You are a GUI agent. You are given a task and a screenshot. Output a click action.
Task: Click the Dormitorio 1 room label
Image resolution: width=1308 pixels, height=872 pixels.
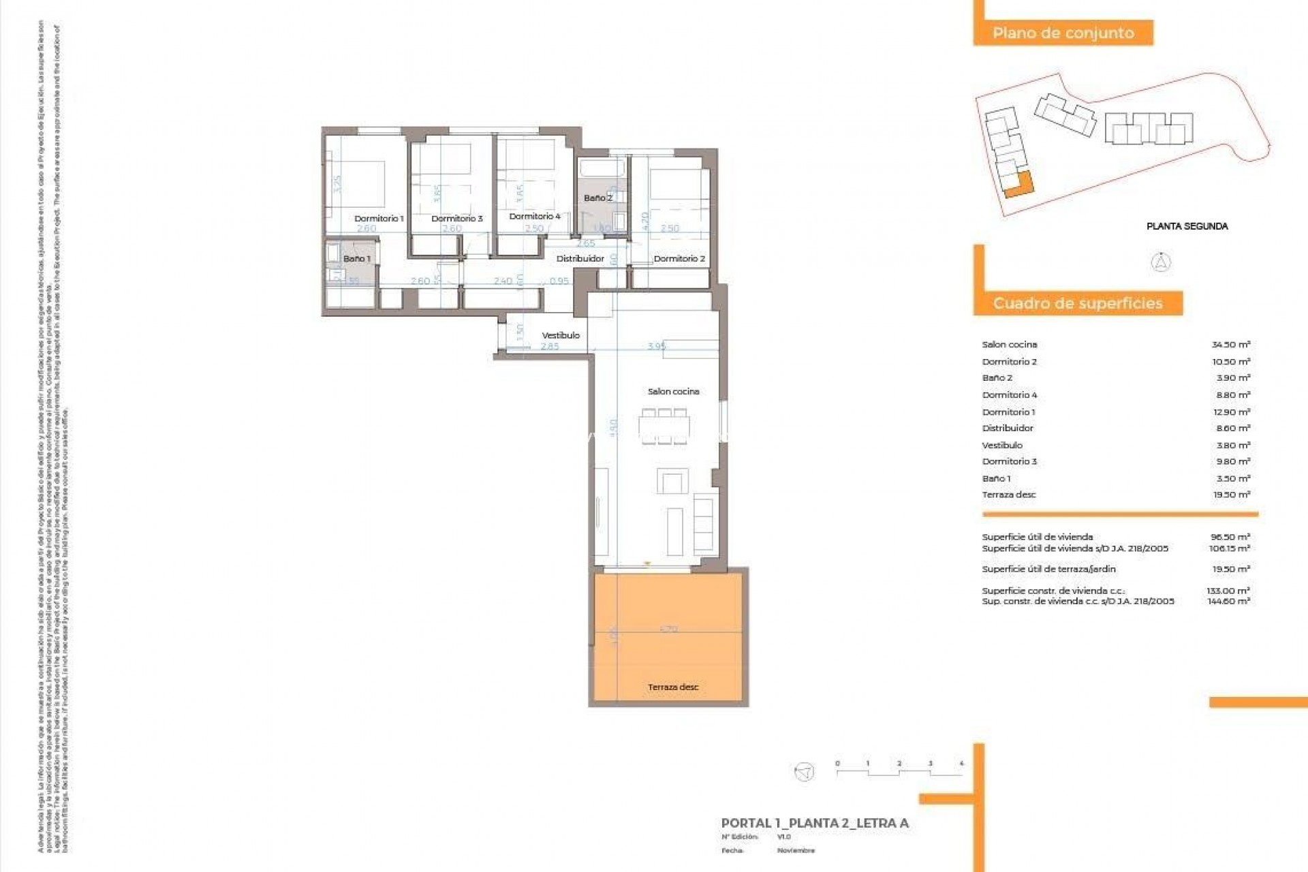379,219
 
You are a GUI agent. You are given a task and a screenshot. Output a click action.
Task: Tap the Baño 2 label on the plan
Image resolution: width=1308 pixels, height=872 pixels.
597,198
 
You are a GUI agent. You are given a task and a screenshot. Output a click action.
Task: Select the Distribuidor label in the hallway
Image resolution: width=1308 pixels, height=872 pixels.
580,259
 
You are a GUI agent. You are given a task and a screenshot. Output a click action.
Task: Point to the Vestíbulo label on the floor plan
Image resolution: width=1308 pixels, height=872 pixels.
561,335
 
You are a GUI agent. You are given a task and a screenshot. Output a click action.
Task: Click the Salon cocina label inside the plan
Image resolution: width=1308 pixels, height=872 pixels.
673,392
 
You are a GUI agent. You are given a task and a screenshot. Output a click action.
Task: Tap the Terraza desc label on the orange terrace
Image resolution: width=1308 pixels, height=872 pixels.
673,687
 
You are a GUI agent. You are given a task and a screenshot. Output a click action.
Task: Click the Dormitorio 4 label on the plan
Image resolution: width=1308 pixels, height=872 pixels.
535,217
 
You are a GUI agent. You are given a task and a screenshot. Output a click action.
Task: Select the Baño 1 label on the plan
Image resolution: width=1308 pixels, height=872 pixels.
357,259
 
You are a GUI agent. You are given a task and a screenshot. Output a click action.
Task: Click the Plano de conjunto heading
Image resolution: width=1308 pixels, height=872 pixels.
1063,33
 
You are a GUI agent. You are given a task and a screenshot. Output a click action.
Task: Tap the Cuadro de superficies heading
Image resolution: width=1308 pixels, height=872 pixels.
1077,303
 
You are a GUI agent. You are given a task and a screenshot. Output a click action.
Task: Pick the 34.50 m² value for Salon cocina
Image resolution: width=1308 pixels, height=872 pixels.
1230,345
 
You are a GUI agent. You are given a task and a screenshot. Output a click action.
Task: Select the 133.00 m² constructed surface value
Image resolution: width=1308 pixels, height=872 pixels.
1228,591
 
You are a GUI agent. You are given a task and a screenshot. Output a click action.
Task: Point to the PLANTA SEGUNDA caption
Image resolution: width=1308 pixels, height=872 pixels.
1187,226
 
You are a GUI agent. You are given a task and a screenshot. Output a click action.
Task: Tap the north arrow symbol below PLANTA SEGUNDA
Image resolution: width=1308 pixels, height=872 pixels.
1161,262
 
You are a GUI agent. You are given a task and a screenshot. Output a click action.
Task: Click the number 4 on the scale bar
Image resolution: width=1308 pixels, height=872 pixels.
961,764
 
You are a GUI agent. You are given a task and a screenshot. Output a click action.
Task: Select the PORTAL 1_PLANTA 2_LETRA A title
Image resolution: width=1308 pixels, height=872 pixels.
815,823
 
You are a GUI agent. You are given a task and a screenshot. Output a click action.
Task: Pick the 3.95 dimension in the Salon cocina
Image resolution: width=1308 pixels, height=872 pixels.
657,346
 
